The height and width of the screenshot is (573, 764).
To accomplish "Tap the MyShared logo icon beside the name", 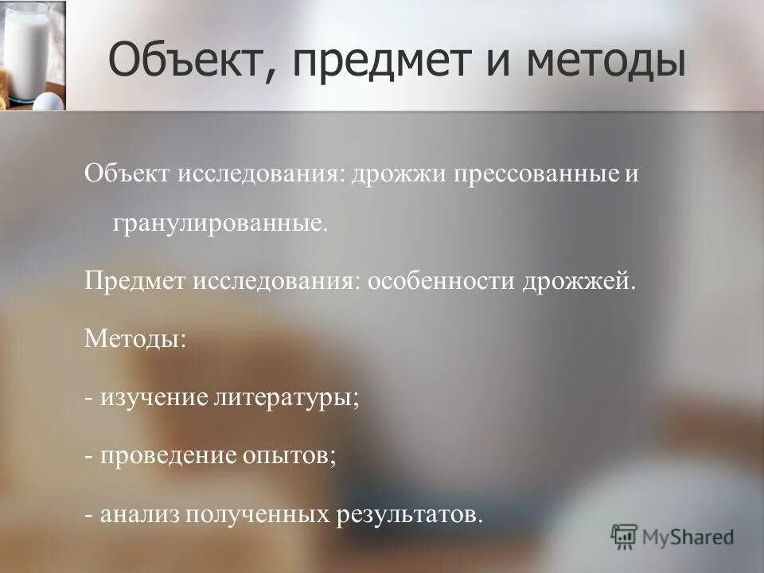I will (626, 536).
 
